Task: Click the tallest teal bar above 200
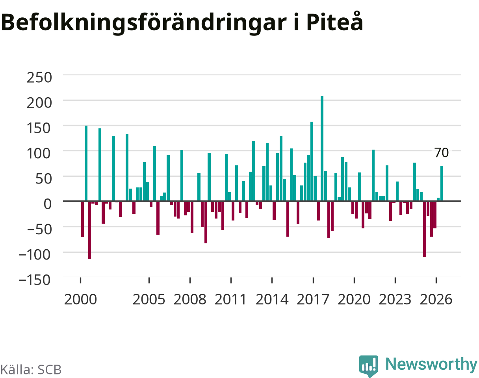[x=322, y=148]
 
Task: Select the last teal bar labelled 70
[x=442, y=183]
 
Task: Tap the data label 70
[x=442, y=153]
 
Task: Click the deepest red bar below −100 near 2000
[x=89, y=230]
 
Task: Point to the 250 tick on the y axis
[x=39, y=78]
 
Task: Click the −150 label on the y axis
[x=35, y=280]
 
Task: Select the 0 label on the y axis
[x=47, y=204]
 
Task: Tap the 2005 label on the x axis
[x=149, y=300]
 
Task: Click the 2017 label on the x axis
[x=313, y=300]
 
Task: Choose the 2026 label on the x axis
[x=436, y=300]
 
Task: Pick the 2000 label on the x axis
[x=80, y=300]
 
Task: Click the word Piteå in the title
[x=335, y=22]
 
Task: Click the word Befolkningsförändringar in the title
[x=143, y=23]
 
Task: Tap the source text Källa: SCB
[x=31, y=370]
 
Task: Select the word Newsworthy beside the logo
[x=431, y=364]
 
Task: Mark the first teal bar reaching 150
[x=86, y=163]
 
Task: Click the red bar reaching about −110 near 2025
[x=425, y=229]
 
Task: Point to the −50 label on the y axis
[x=39, y=229]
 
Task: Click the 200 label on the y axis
[x=39, y=103]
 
